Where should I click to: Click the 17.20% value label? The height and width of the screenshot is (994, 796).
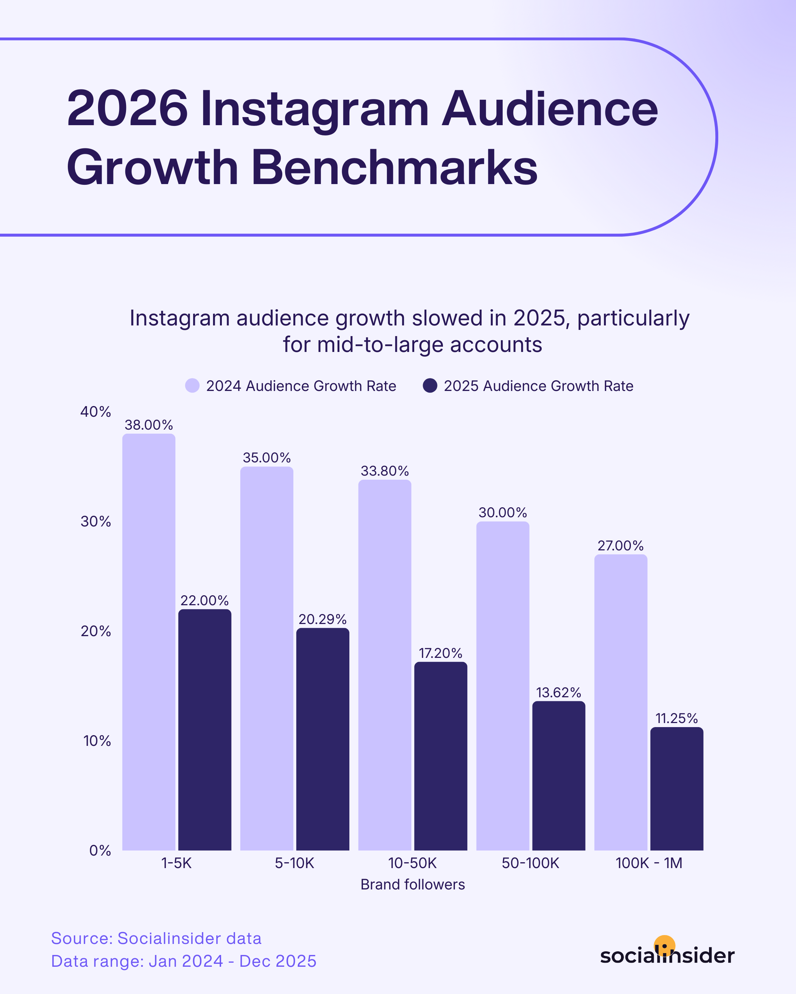(x=440, y=653)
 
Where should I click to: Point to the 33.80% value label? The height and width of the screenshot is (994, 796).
(x=384, y=471)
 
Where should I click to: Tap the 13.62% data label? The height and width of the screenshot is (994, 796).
(x=558, y=692)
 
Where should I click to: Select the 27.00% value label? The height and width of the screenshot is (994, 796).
(x=620, y=546)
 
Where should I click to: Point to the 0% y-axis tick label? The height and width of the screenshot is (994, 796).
(x=100, y=851)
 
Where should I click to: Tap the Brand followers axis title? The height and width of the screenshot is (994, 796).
(x=412, y=885)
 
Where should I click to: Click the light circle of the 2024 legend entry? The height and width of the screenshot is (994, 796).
(x=192, y=385)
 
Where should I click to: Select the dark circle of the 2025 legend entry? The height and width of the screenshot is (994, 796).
(x=430, y=385)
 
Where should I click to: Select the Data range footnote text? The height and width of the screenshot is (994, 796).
(x=184, y=961)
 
